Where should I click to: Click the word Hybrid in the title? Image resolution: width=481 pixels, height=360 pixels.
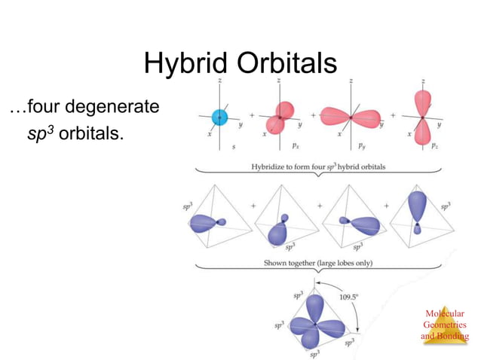point(184,64)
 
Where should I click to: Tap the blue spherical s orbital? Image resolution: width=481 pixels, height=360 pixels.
point(219,117)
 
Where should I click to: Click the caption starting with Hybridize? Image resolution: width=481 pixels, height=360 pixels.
point(316,166)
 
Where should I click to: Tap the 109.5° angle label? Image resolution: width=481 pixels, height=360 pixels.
point(348,296)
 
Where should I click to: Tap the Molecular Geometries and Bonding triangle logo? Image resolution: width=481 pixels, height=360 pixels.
point(444,325)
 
